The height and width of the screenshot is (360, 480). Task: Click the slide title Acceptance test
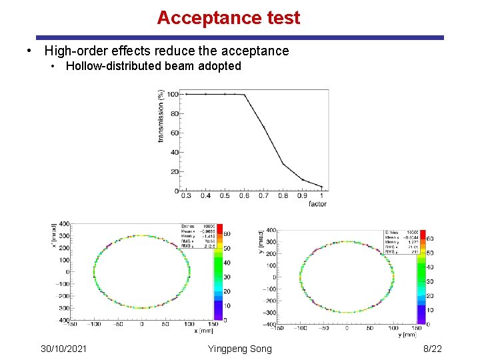229,18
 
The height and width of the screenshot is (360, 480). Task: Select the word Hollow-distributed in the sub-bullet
111,66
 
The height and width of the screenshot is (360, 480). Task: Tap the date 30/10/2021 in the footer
63,349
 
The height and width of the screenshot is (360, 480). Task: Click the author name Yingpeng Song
240,349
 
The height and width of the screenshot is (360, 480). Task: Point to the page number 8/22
432,349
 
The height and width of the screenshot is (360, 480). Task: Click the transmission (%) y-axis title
161,116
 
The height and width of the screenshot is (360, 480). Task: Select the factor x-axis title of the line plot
318,203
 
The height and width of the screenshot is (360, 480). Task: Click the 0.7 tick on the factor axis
263,196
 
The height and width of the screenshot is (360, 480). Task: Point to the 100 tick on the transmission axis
171,94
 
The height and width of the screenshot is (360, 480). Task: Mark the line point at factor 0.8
283,163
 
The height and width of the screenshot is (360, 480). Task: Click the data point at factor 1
322,187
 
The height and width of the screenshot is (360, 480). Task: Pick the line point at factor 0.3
186,94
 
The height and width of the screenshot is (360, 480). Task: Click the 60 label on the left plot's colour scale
227,235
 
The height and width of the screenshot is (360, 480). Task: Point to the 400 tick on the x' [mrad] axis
64,224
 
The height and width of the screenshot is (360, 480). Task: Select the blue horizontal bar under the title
240,38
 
